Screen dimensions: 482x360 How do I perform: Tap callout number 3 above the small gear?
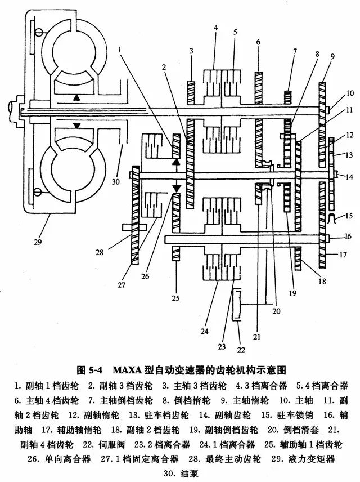(x=191, y=52)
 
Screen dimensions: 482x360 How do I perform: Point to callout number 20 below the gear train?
(x=276, y=310)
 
